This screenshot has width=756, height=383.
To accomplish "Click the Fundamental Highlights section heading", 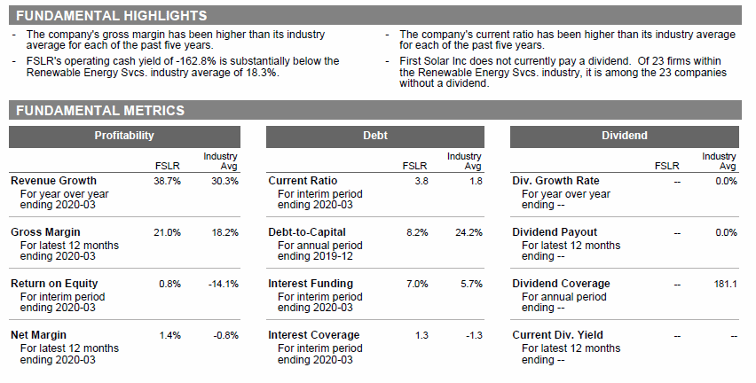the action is (112, 15).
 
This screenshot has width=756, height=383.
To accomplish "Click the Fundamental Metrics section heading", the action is (100, 110).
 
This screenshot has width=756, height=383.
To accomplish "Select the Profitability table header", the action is (124, 136).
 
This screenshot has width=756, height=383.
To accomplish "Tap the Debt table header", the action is (375, 136).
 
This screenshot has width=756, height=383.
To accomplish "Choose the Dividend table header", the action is (625, 136).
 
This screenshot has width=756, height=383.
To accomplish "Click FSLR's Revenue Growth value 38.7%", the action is (168, 181).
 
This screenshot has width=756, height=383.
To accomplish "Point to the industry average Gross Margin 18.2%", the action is (225, 232).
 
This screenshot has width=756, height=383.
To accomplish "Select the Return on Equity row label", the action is (54, 284).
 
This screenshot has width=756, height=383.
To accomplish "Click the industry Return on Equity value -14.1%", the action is (224, 285).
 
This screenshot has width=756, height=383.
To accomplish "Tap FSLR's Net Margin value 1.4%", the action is (170, 336).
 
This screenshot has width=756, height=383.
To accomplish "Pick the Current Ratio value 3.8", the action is (421, 181).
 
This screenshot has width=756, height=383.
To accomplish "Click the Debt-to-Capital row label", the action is (307, 232).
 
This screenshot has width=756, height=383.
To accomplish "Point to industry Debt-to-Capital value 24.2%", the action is (469, 232).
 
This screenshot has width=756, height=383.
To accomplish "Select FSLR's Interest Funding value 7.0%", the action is (417, 285).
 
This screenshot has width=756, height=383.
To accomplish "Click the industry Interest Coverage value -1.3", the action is (475, 336).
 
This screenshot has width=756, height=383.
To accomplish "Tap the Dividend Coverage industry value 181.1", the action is (726, 285).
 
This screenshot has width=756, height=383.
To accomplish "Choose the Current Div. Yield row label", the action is (557, 335).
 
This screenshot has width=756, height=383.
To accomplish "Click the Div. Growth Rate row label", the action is (555, 181).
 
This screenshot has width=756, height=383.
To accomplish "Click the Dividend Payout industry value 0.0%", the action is (727, 232).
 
